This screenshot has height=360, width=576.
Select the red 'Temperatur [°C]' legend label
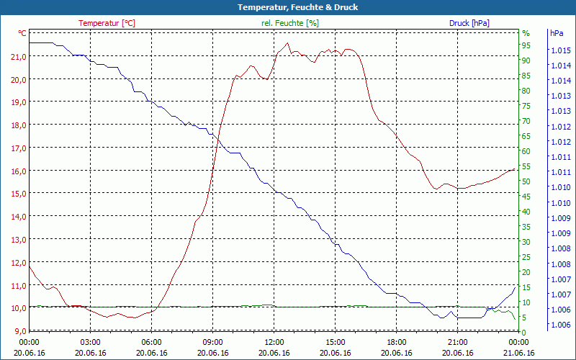point(107,23)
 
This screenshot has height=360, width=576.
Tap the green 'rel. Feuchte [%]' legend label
point(289,23)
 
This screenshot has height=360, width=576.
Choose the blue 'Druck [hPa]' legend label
point(469,23)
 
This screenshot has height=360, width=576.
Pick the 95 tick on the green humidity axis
point(526,45)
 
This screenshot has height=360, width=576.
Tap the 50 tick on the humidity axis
point(526,181)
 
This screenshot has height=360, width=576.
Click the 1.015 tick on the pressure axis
point(561,50)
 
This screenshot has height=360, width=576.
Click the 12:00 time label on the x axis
point(274,342)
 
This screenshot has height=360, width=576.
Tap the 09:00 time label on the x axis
point(212,342)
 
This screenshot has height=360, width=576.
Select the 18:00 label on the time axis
point(396,342)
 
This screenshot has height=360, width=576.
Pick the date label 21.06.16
point(518,353)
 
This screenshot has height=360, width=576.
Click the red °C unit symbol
point(22,33)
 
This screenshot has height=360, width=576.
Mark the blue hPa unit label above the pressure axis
point(557,33)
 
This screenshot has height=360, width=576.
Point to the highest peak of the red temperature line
point(288,42)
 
